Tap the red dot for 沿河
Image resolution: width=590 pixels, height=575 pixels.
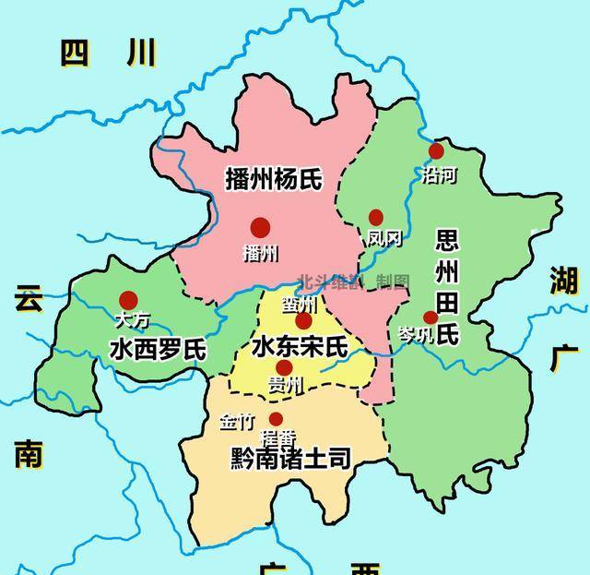tap(436, 150)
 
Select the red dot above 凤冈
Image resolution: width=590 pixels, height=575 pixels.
tap(375, 217)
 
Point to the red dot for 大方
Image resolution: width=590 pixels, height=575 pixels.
tap(128, 300)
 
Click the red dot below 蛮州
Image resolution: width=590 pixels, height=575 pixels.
tap(304, 321)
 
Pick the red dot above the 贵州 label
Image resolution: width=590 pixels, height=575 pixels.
tap(284, 366)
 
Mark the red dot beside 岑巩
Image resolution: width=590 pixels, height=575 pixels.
tap(431, 317)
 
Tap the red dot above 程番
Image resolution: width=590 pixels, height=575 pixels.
tap(276, 419)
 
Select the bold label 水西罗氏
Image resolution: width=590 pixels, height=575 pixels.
tap(157, 349)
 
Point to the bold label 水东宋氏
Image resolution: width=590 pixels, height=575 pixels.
tap(301, 347)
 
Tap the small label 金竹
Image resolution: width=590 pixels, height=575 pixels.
tap(236, 423)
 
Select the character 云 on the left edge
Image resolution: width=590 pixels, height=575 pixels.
tap(29, 299)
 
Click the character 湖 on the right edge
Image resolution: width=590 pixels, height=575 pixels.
tap(562, 277)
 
